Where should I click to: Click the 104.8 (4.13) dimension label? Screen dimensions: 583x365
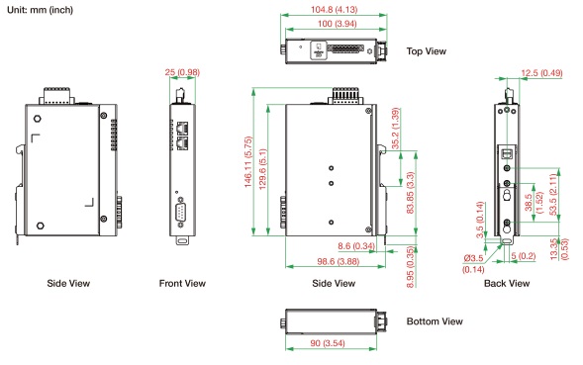pos(334,9)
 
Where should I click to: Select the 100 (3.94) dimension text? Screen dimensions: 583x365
pos(337,24)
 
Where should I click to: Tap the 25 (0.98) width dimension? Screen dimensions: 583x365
pos(182,72)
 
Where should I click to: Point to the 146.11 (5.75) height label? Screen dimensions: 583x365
pos(248,161)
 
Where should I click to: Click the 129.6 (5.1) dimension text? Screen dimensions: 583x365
pos(262,169)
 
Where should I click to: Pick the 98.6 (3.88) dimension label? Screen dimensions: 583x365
pos(338,262)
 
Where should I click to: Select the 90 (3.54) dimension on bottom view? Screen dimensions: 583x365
pos(328,343)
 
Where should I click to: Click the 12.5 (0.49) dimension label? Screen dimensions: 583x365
pos(541,73)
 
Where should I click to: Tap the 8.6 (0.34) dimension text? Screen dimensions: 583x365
pos(356,246)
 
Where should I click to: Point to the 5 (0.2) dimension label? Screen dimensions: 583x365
pos(524,256)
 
